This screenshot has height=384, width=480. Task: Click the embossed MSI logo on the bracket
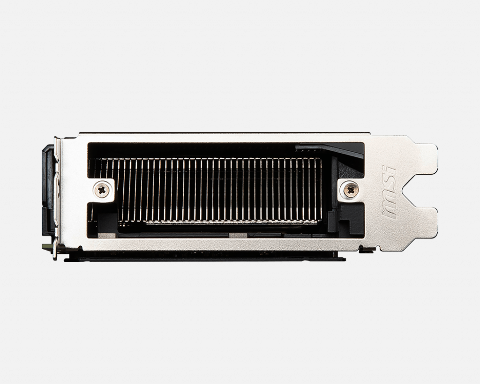(389, 192)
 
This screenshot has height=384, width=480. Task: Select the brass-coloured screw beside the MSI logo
(351, 190)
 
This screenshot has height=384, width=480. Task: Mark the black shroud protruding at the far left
(48, 190)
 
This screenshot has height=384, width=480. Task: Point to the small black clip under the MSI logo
(367, 249)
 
